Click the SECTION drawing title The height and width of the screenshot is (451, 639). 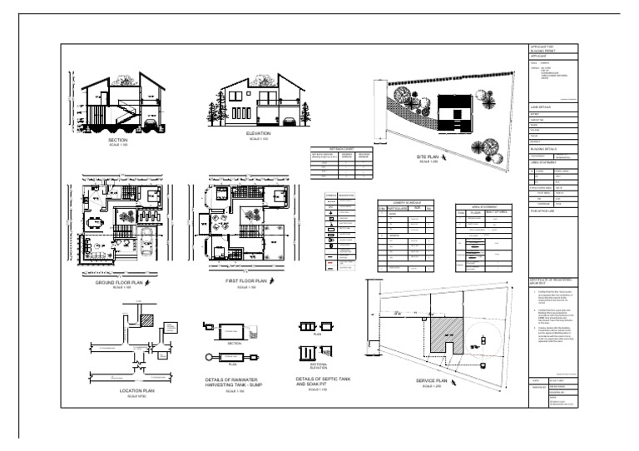117,140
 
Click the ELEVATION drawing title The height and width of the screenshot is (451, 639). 259,132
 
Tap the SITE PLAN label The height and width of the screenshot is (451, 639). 428,156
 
